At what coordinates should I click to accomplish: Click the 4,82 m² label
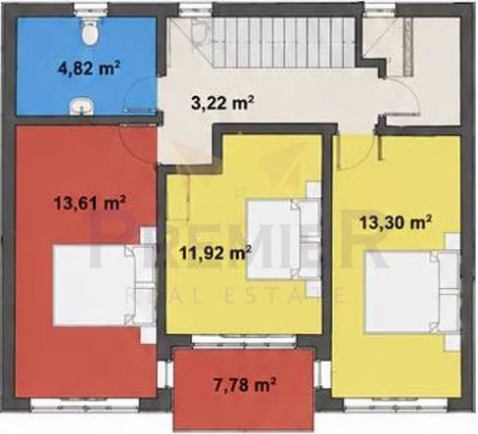pos(89,69)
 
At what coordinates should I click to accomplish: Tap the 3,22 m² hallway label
pos(222,104)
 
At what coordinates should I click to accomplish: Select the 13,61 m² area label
pos(90,204)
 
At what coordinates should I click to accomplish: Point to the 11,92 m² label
pos(215,253)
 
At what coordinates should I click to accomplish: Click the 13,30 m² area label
pos(396,223)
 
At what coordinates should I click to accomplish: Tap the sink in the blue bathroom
pos(81,106)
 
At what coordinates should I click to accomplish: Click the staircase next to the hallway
pos(283,42)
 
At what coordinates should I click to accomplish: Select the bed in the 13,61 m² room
pos(105,286)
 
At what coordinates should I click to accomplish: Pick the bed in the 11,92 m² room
pos(283,239)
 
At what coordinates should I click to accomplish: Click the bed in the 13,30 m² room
pos(412,292)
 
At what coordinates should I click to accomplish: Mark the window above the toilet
pos(91,9)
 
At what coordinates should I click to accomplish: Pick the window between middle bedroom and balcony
pos(244,340)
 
